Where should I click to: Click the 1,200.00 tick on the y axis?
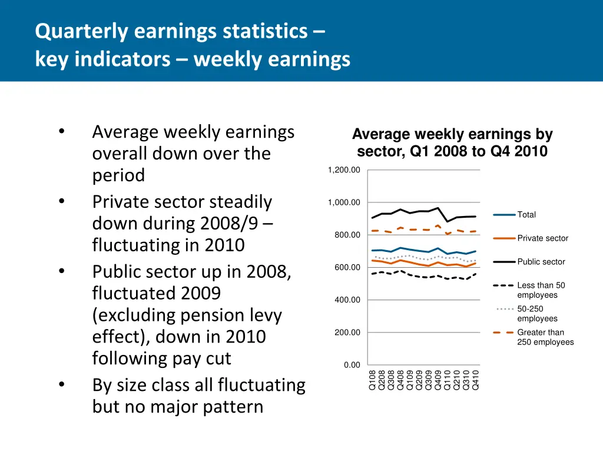coord(344,170)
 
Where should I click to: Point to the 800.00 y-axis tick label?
coord(347,235)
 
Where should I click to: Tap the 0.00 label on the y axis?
coord(352,365)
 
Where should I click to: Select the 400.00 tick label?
coord(347,300)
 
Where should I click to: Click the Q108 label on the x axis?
coord(372,380)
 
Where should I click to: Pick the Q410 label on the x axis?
coord(476,380)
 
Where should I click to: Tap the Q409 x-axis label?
coord(438,380)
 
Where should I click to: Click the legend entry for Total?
coord(526,215)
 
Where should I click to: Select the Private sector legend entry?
coord(542,238)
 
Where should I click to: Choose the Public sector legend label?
coord(541,262)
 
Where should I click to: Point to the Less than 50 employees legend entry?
coord(541,290)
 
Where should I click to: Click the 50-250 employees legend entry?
coord(537,314)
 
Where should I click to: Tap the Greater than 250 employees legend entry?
coord(545,337)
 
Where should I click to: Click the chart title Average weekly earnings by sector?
coord(452,143)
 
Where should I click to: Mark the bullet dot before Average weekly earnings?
coord(62,132)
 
